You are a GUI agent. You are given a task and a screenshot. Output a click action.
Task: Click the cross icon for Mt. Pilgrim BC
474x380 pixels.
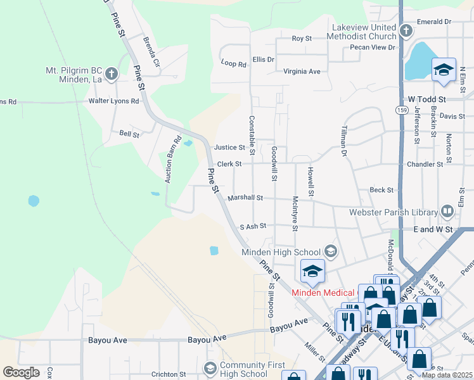(x=112, y=74)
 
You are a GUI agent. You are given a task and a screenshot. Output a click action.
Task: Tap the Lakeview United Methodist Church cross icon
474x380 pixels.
(x=406, y=30)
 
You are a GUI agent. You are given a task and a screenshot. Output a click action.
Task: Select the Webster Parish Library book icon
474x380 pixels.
(x=447, y=212)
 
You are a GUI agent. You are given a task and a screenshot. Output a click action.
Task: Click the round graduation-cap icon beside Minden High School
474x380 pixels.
(x=330, y=251)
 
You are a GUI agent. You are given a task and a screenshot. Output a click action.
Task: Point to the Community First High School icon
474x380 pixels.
(x=210, y=368)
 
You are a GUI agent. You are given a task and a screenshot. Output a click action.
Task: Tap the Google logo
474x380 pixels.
(x=21, y=372)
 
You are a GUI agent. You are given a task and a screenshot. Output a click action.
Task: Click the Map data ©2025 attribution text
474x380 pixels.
(x=446, y=375)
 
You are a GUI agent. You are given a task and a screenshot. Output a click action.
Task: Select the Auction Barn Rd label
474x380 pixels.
(x=173, y=159)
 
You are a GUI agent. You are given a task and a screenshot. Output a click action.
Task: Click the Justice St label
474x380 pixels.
(x=230, y=148)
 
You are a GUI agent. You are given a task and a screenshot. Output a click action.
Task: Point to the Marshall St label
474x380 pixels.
(x=245, y=198)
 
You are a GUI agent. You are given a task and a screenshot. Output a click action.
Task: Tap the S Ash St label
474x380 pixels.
(x=253, y=226)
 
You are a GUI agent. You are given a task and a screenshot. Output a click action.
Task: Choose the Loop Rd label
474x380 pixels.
(x=233, y=63)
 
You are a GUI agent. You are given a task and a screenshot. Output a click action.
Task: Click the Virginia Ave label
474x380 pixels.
(x=302, y=72)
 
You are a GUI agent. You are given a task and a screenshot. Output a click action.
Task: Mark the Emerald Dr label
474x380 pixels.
(x=434, y=22)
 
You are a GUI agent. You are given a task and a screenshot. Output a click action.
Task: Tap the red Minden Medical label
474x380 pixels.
(x=323, y=292)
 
